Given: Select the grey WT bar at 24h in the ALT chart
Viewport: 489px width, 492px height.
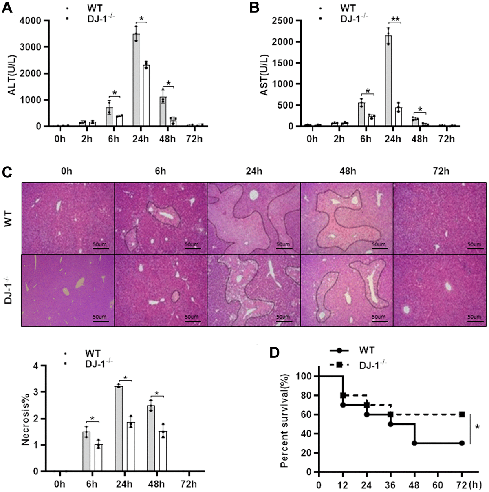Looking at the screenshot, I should [136, 82].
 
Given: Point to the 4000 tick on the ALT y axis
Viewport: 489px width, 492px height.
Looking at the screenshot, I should [33, 21].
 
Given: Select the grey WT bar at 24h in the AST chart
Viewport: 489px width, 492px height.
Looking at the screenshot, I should [389, 82].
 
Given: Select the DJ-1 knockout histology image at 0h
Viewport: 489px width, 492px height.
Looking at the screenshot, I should [68, 290].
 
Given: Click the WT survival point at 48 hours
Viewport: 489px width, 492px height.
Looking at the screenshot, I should [414, 443].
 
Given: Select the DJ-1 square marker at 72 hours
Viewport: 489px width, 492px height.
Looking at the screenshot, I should [462, 414].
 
